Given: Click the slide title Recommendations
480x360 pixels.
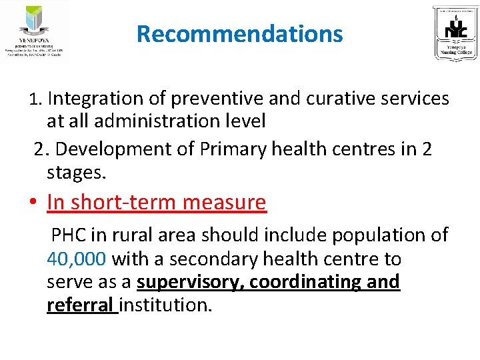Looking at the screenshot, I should pos(239,33).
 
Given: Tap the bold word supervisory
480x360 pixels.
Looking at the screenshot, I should pos(187,282).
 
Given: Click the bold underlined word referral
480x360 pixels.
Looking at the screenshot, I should pos(80,305).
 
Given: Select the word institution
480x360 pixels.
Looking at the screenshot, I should pos(165,305).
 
